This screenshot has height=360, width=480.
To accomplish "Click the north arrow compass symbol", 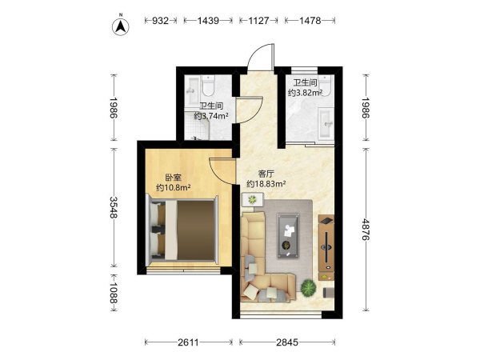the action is (x=121, y=26).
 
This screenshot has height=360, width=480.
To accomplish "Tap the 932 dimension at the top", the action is (x=161, y=21).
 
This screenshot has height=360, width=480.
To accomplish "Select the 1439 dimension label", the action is (x=208, y=21).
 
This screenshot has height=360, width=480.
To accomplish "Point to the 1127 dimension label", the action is (x=258, y=21).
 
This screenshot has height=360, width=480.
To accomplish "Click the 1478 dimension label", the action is (x=310, y=21).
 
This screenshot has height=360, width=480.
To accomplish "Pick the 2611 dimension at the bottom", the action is (x=188, y=342).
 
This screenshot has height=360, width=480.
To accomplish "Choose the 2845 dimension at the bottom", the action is (x=287, y=342).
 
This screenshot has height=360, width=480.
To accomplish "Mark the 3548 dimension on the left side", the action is (x=114, y=207).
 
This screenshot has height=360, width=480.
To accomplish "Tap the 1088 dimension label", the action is (x=114, y=293).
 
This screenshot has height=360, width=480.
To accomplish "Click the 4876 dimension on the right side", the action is (x=366, y=230).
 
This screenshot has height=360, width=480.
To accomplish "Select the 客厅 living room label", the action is (x=266, y=174).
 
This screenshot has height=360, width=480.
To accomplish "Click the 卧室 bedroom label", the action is (x=173, y=178).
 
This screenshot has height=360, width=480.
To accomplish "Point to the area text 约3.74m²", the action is (x=211, y=116).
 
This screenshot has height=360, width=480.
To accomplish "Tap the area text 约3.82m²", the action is (x=305, y=93).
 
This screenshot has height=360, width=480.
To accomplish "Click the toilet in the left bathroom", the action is (x=208, y=86).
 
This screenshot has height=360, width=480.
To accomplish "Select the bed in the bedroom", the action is (x=183, y=230).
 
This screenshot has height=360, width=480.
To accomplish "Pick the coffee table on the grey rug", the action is (x=288, y=236).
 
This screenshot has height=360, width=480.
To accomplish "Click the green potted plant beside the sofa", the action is (x=308, y=288).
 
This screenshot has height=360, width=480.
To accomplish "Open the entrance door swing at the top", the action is (x=260, y=58).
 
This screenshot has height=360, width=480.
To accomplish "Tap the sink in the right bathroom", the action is (x=326, y=122).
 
